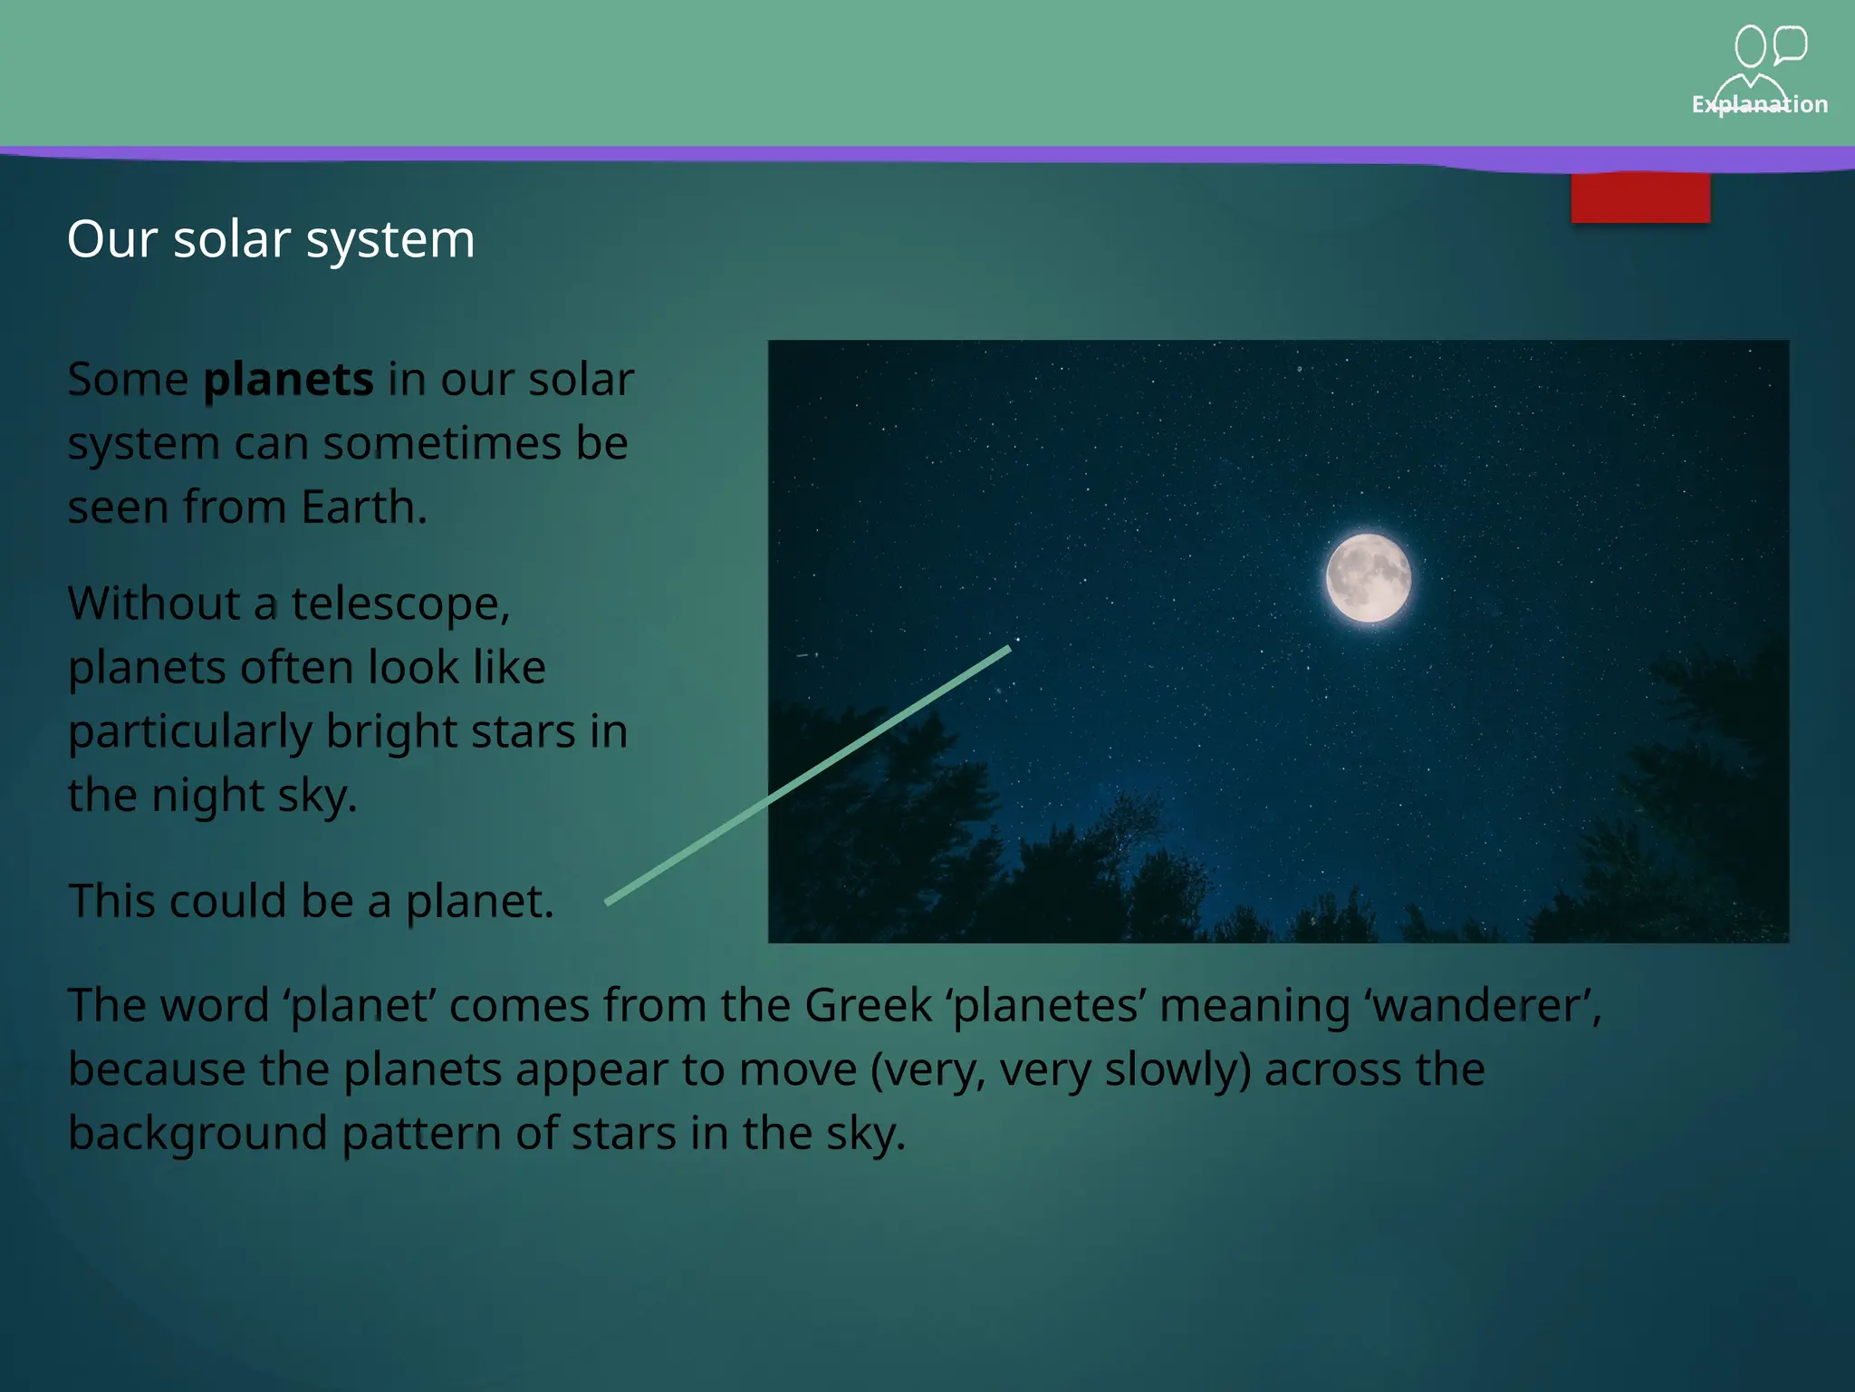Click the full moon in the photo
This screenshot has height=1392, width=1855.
pos(1368,578)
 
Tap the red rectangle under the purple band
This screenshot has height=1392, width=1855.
pos(1640,198)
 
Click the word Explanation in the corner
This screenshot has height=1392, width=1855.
pos(1759,104)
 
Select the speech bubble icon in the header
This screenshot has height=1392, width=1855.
pos(1790,44)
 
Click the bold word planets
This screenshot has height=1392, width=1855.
pos(288,379)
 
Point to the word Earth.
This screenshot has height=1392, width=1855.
pos(362,507)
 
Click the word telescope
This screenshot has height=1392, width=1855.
pos(399,604)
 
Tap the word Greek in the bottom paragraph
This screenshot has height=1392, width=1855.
pos(868,1005)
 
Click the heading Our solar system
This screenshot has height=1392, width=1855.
pos(271,239)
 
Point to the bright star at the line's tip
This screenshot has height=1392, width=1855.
pos(1017,640)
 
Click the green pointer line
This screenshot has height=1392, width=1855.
pos(806,776)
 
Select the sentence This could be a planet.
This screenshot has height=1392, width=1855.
pos(311,901)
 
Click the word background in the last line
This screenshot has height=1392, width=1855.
pos(197,1133)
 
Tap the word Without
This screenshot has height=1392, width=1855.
pos(155,604)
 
